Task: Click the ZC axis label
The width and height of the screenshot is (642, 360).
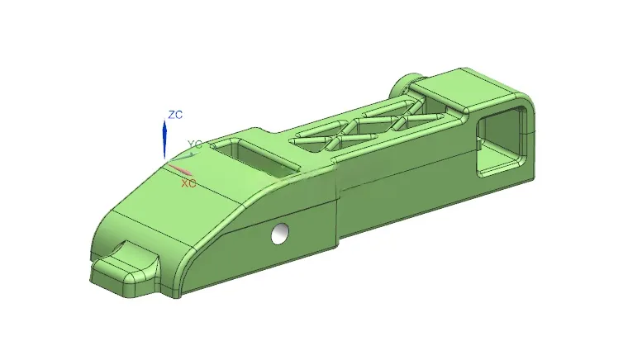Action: coord(175,115)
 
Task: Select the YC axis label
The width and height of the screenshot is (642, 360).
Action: coord(195,144)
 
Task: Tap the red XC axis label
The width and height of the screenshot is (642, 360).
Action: coord(188,183)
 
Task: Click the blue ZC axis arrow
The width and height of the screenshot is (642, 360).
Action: coord(164,138)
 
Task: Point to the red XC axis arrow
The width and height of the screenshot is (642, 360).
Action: coord(179,169)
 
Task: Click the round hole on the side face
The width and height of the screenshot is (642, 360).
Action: coord(280,234)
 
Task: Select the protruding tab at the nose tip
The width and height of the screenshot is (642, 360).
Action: coord(125,268)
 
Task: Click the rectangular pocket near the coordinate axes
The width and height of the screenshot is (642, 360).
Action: coord(256,158)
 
